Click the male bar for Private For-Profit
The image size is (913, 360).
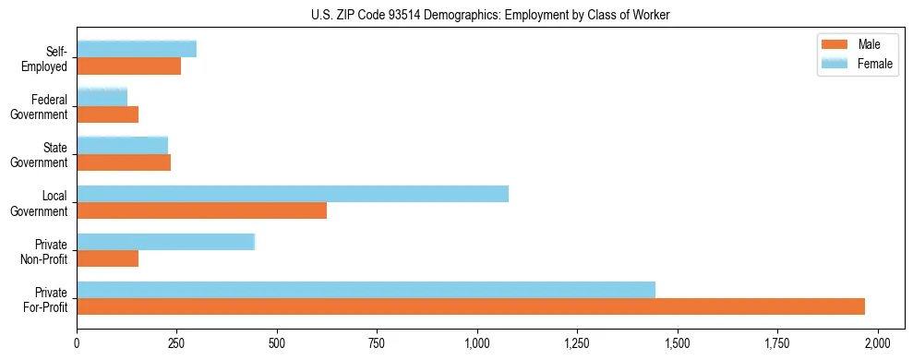click(x=471, y=306)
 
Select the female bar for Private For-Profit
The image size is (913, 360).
click(x=366, y=290)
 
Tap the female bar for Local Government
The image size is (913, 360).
click(x=293, y=194)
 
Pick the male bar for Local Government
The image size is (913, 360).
click(x=201, y=210)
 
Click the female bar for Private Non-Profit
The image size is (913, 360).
click(x=165, y=242)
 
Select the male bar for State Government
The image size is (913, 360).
click(x=124, y=162)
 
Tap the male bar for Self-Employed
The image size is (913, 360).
click(x=128, y=66)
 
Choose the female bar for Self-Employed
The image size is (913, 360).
click(x=137, y=49)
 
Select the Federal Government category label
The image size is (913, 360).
click(x=40, y=107)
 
